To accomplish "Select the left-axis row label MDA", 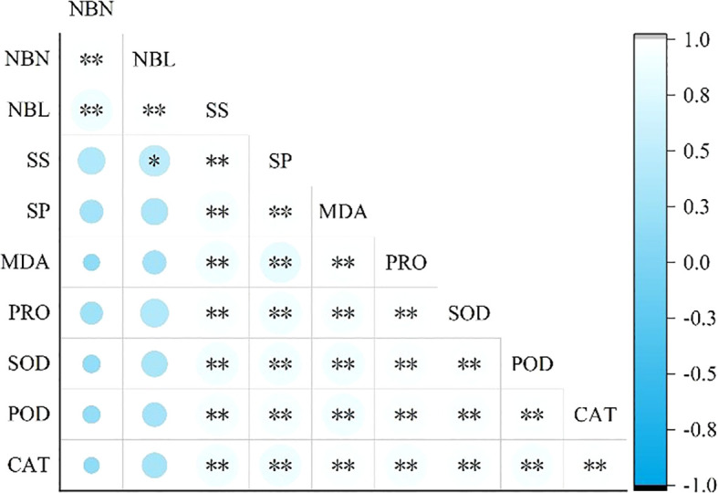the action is [33, 263].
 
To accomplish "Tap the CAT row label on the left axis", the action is [33, 465].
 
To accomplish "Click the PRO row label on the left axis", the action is [33, 313].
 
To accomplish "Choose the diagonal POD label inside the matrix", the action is [531, 364].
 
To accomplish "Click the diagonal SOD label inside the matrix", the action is [469, 313].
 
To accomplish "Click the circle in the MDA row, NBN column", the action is [90, 263].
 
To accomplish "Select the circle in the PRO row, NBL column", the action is [154, 313].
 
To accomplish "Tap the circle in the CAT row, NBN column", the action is [90, 465].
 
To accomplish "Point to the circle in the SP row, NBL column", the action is [154, 212].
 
